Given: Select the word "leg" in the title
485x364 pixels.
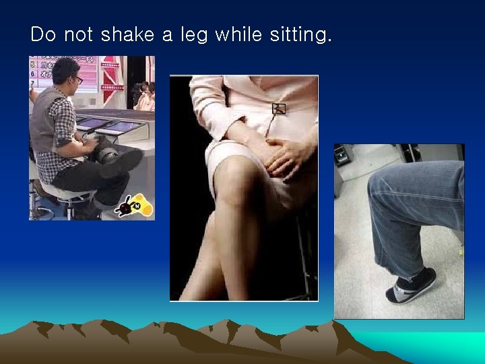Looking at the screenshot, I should tap(195, 36).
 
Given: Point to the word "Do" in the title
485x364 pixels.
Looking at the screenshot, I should tap(43, 34).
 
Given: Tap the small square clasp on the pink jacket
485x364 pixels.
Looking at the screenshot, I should tap(278, 109).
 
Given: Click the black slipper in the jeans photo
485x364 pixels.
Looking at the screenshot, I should tap(411, 286).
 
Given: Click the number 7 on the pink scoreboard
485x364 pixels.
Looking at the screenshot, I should tap(32, 84).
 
